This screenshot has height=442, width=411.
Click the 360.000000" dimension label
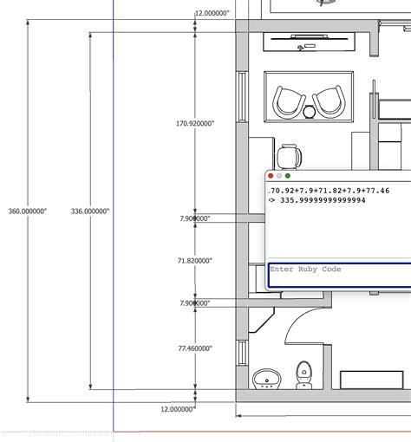tap(28, 211)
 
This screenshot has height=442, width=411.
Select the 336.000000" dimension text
tap(89, 211)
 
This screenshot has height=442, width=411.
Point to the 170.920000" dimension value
tap(195, 124)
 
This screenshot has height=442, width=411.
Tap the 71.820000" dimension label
tap(195, 260)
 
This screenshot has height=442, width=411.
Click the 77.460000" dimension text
tap(195, 348)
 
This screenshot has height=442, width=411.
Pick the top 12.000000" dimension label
tap(212, 14)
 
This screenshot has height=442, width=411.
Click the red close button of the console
tap(271, 176)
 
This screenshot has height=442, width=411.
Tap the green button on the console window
tap(288, 176)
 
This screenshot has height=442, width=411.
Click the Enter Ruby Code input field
tap(338, 274)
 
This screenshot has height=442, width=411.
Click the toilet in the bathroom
tap(304, 375)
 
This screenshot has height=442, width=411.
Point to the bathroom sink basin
tap(265, 379)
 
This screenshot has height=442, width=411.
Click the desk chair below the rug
tap(290, 158)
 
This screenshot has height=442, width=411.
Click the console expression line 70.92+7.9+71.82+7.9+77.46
tap(329, 190)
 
